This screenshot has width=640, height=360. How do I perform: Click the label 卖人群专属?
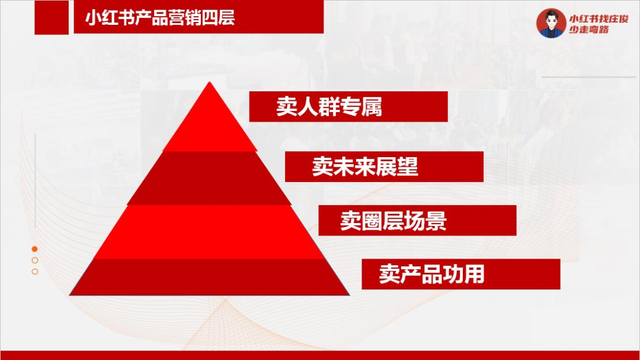[x=330, y=106]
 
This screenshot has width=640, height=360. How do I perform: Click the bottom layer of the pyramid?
[x=210, y=275]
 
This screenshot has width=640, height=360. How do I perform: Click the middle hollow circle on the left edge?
[x=35, y=260]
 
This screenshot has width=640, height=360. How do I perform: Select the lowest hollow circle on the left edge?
[x=35, y=271]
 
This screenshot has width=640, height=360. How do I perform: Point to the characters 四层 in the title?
[x=220, y=17]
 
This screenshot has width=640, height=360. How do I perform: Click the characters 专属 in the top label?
[x=363, y=106]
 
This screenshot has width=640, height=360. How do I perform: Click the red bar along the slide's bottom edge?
[x=320, y=355]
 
